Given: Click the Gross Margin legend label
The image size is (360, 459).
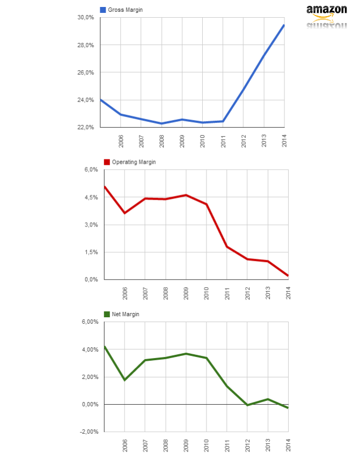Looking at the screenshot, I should [x=125, y=10].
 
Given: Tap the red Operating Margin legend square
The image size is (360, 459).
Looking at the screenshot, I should [x=107, y=162].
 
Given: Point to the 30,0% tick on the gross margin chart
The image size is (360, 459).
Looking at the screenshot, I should [x=86, y=18].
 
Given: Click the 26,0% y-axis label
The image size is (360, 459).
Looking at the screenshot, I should [x=86, y=72].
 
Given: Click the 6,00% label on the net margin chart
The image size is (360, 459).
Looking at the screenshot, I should [x=89, y=322].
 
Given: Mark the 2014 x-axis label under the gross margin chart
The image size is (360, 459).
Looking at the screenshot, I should [x=284, y=141].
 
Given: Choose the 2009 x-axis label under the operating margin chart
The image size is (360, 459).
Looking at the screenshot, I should [x=186, y=293].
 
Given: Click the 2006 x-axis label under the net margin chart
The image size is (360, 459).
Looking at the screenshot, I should [x=124, y=446].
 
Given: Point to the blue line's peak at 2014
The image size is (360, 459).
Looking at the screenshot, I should [x=284, y=25].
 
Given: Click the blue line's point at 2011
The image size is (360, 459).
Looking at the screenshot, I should [x=223, y=121].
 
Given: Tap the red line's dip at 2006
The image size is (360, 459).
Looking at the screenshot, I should [x=124, y=213].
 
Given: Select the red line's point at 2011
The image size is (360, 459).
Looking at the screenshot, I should [x=226, y=246].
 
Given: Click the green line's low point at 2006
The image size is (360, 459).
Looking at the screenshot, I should [x=124, y=380].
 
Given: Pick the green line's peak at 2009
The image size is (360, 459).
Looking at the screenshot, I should [x=186, y=354].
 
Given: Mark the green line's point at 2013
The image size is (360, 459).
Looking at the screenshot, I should [x=268, y=399].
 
